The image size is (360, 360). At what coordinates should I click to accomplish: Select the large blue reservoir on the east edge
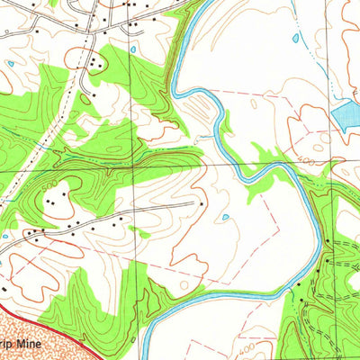pos(346,116)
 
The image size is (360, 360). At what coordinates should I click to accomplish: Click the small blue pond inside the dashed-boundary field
pos(224,217)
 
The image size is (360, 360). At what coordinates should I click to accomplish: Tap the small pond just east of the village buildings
pos(133,49)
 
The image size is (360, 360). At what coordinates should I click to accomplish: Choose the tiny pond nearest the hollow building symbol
pos(10,64)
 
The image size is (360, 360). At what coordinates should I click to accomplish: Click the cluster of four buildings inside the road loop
pos(94,62)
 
